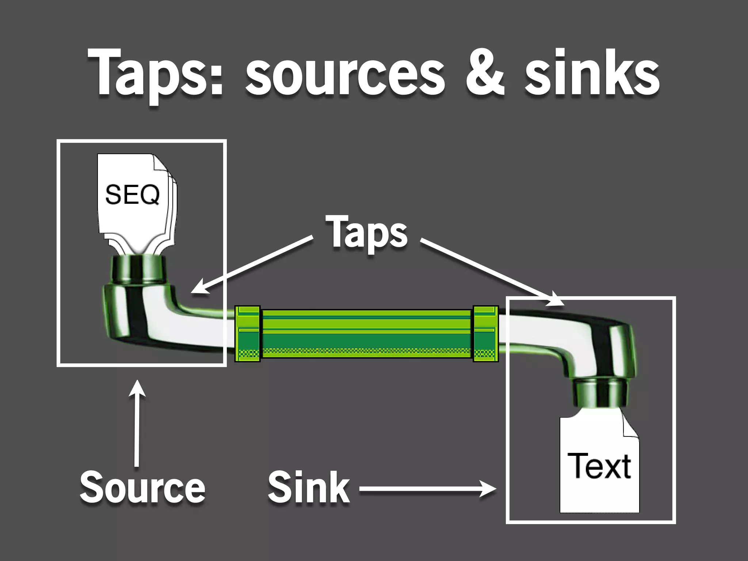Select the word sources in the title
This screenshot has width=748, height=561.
click(345, 75)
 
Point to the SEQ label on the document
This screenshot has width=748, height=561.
click(132, 195)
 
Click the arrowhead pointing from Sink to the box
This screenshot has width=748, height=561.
click(489, 489)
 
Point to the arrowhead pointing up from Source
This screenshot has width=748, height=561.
click(137, 388)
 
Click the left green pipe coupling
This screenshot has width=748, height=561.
click(247, 334)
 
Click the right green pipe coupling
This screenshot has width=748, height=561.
click(486, 334)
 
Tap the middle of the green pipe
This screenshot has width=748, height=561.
click(366, 334)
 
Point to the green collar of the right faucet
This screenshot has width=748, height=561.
click(600, 393)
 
